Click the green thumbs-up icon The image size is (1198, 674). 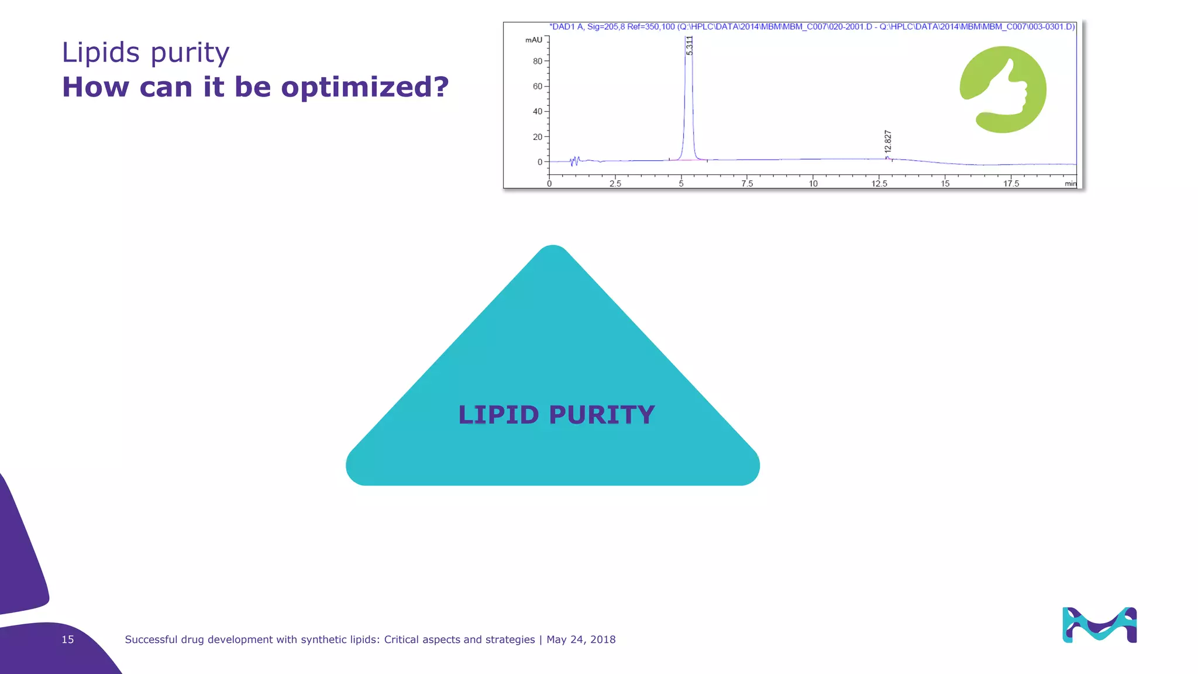click(x=1003, y=90)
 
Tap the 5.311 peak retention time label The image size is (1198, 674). click(x=689, y=46)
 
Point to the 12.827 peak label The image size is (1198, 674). click(x=888, y=142)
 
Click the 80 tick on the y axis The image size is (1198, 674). click(x=538, y=61)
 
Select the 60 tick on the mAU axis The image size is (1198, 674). click(x=538, y=86)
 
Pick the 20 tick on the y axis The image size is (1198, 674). click(x=538, y=137)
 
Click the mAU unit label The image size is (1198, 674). click(x=533, y=40)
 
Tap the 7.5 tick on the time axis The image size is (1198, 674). click(x=747, y=184)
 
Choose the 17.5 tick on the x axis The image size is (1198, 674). click(x=1011, y=184)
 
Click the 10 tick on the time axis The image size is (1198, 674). click(x=813, y=184)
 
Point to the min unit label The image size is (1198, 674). click(x=1070, y=184)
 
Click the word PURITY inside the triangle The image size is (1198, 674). click(x=601, y=415)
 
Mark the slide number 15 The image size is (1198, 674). click(x=68, y=639)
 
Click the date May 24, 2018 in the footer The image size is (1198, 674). click(x=581, y=639)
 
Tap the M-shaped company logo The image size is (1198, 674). click(x=1099, y=625)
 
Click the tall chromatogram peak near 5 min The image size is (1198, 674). click(x=688, y=99)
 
